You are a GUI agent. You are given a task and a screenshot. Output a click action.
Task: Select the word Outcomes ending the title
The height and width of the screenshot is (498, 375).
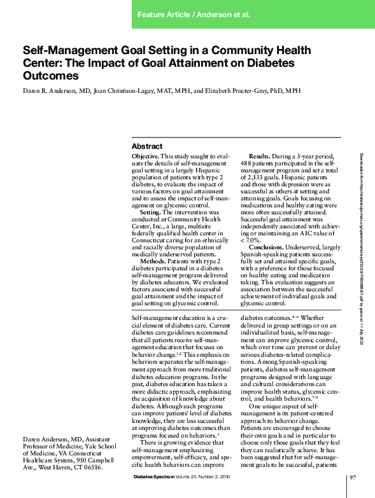click(x=51, y=75)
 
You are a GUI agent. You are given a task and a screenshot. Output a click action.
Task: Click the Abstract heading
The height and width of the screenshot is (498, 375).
click(x=147, y=146)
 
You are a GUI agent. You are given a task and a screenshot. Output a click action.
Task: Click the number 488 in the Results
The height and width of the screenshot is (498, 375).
click(x=247, y=163)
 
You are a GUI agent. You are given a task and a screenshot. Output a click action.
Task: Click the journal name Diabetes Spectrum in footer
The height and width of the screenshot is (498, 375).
click(x=158, y=477)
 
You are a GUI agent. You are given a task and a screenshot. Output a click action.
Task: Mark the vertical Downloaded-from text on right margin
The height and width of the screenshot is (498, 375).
click(x=362, y=249)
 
